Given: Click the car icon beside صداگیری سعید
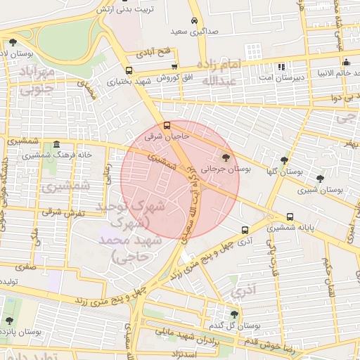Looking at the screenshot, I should [x=194, y=21].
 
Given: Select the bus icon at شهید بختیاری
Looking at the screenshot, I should [x=129, y=70].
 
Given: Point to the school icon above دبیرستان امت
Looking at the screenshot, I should [x=282, y=67].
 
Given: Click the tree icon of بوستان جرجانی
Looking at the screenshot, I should [x=226, y=157].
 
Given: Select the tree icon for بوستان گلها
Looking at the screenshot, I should [x=284, y=160].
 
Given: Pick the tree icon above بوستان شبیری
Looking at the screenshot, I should [x=321, y=179].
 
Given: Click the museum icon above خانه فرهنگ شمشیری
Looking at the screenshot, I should [x=56, y=144].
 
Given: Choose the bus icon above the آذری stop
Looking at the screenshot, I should [x=245, y=229].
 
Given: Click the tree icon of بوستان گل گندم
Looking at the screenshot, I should [x=234, y=314].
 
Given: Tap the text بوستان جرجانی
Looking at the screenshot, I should [x=226, y=169].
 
